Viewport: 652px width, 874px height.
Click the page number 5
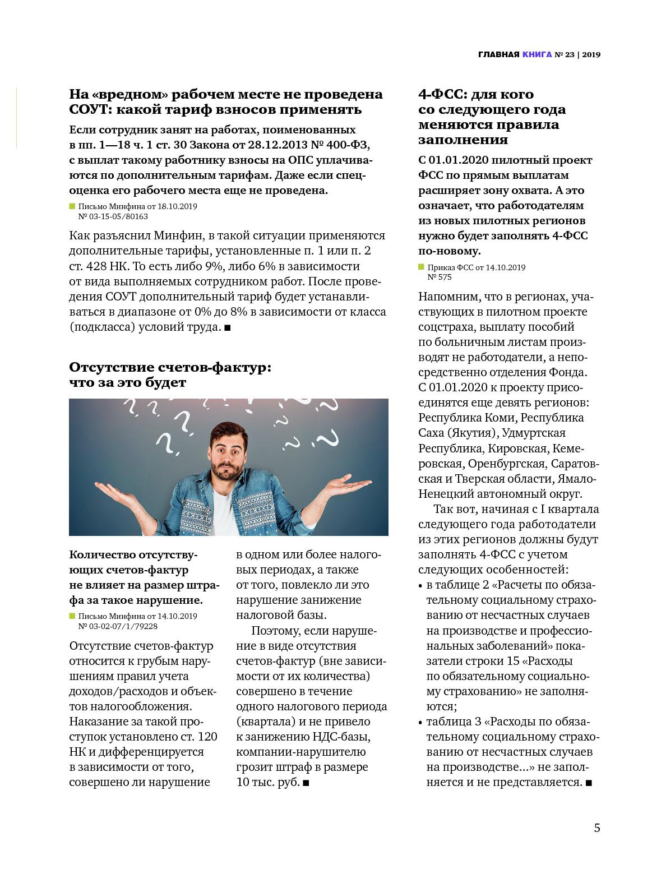pos(597,828)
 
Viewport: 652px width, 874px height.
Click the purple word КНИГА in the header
pos(537,54)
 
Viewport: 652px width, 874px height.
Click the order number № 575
pos(440,277)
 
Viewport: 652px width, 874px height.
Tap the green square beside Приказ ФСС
pos(422,267)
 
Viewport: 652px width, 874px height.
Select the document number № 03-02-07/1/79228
pos(118,626)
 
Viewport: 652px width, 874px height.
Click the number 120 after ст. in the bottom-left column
pos(207,737)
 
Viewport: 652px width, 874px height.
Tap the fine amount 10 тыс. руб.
pos(268,782)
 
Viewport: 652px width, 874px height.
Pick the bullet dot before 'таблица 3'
pos(420,723)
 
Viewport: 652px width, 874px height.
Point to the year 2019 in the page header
pos(591,54)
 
